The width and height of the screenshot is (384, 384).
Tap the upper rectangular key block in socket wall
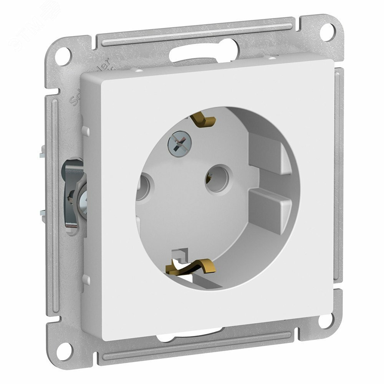(273, 156)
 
